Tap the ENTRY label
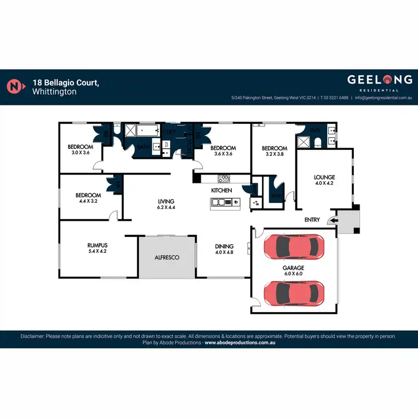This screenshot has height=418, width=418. [312, 220]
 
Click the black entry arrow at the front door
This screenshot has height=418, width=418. [333, 221]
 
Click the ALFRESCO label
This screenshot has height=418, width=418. [167, 258]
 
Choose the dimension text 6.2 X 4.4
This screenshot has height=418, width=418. [166, 208]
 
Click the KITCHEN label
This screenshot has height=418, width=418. [221, 191]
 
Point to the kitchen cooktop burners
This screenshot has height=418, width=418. [223, 179]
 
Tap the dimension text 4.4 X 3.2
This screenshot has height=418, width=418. [88, 201]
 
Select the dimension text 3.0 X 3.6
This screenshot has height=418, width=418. [79, 153]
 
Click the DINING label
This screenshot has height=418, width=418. [225, 246]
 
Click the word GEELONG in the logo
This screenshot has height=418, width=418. [380, 79]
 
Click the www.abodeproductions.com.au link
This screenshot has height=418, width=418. [240, 343]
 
